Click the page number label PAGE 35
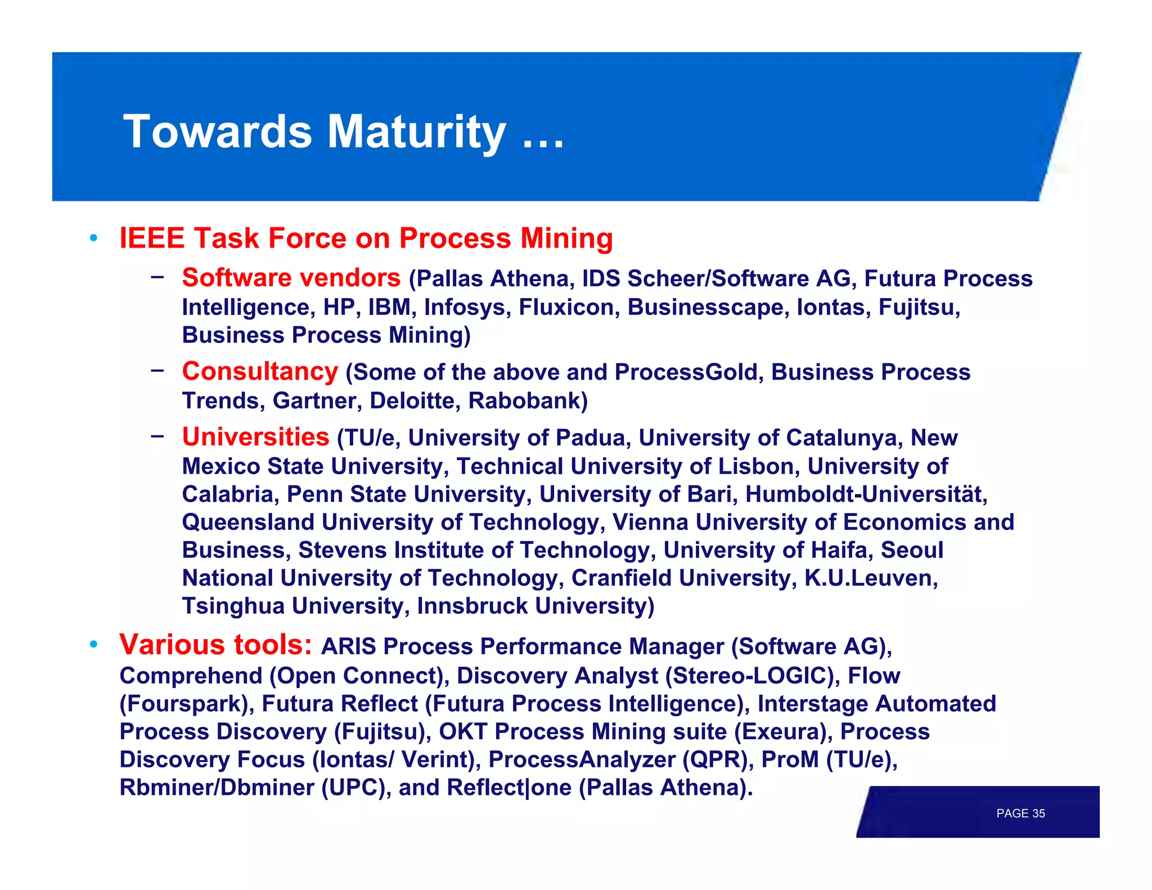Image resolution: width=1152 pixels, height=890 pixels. pos(1020,813)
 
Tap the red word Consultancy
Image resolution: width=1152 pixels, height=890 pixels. pos(260,371)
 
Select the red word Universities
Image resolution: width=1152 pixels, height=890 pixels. pos(255,437)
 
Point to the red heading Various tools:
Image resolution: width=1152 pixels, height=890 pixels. pos(215,645)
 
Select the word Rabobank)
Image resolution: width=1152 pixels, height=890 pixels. pos(528,401)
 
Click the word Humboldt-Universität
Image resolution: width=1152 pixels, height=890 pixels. pos(866,494)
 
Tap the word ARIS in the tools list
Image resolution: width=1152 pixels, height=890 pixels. pos(348,646)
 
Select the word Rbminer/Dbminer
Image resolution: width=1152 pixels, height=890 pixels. pos(217,788)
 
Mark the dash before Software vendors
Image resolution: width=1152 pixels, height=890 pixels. pos(157,276)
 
